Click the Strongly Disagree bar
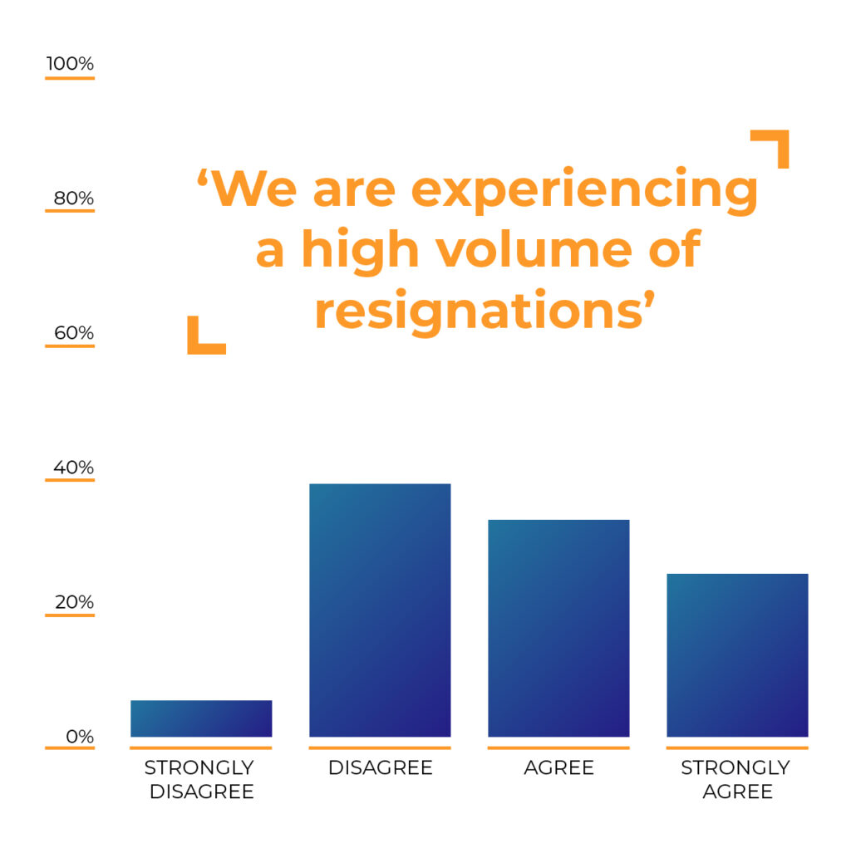(x=201, y=718)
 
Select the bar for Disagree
(x=380, y=610)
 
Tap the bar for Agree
(x=558, y=628)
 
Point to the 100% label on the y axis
(x=71, y=64)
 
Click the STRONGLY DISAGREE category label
(x=201, y=779)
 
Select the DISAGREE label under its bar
(x=380, y=767)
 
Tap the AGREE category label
(x=558, y=767)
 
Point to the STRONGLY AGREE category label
(x=737, y=779)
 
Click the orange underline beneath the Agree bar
(x=558, y=747)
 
